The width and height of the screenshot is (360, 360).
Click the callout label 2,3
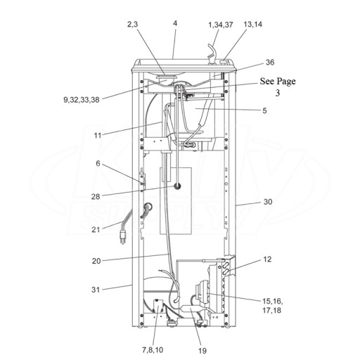click(x=132, y=24)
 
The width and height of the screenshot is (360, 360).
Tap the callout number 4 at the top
click(x=175, y=23)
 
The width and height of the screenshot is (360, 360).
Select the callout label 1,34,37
click(x=221, y=25)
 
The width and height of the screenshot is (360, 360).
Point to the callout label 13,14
click(x=253, y=24)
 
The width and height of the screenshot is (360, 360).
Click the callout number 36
click(x=270, y=63)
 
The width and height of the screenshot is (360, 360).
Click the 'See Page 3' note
click(x=278, y=86)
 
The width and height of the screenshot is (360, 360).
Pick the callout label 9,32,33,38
click(x=82, y=100)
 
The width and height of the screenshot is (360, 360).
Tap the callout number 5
click(x=264, y=110)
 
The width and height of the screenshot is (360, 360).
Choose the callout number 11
click(x=98, y=136)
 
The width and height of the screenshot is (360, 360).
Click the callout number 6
click(x=98, y=163)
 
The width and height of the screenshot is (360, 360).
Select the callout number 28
click(x=96, y=196)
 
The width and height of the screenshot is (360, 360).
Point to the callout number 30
click(x=268, y=202)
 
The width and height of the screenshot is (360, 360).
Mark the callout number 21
click(x=96, y=230)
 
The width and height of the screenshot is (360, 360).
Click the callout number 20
click(x=96, y=261)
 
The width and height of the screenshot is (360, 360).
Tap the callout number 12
click(x=267, y=259)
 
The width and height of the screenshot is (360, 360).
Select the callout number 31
click(x=96, y=290)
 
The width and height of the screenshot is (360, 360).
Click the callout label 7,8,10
click(x=153, y=350)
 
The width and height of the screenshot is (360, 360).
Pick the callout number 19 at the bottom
click(x=202, y=351)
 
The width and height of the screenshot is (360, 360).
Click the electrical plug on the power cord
click(x=122, y=237)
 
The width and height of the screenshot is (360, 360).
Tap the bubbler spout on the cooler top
click(x=212, y=53)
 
